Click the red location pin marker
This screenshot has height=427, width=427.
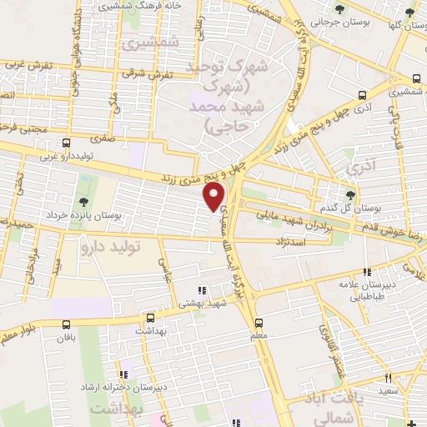click(215, 196)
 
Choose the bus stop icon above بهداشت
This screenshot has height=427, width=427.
click(150, 318)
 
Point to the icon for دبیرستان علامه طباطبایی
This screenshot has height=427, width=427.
click(367, 271)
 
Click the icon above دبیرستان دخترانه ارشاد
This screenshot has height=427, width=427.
click(125, 375)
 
